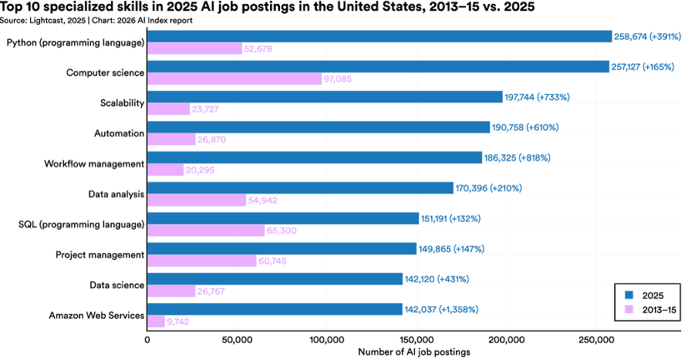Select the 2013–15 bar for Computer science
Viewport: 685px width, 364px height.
pos(234,79)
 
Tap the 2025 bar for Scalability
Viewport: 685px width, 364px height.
pos(324,96)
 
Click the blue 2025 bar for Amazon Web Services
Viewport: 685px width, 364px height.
pos(275,308)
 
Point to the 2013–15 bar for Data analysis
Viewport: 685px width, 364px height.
pos(196,200)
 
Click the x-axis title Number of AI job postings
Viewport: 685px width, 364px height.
pos(414,352)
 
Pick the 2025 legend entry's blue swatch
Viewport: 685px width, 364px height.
pos(629,295)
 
